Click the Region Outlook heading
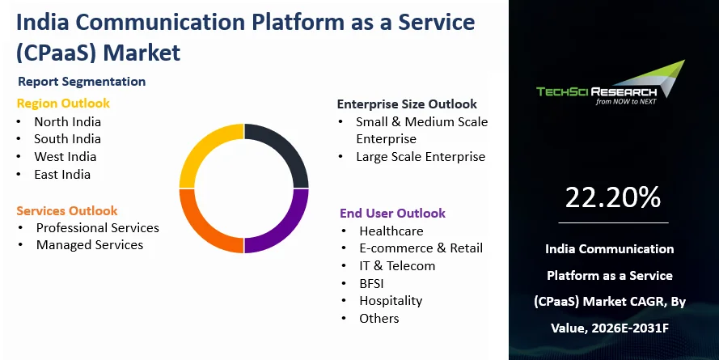(x=63, y=104)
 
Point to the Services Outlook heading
(x=67, y=210)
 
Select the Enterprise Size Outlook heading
(x=407, y=104)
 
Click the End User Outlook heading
(x=392, y=214)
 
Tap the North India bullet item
(x=67, y=122)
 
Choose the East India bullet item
(x=62, y=175)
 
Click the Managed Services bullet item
(x=89, y=245)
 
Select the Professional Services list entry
(x=97, y=228)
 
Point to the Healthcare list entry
(x=391, y=231)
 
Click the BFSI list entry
(x=374, y=283)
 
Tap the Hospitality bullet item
(x=391, y=301)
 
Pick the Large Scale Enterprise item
(x=420, y=157)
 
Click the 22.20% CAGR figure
(x=613, y=197)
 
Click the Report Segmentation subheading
(x=82, y=82)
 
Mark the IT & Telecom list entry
(x=397, y=266)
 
